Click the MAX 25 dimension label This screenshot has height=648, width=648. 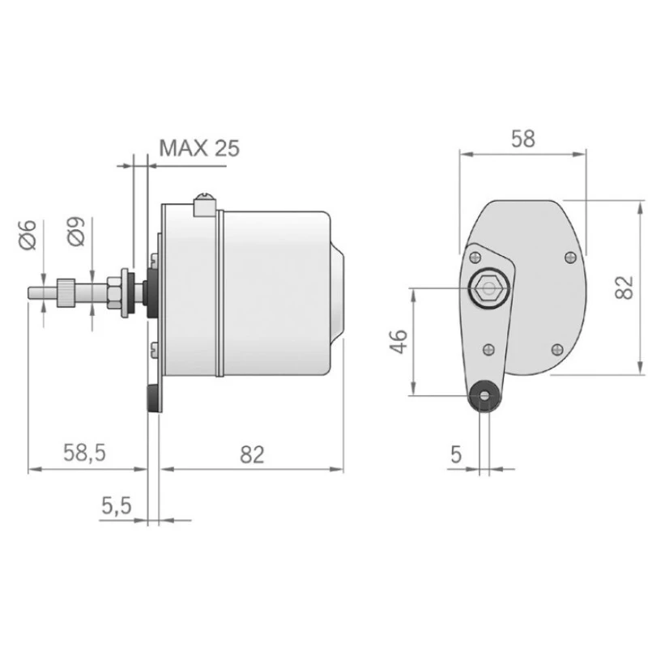click(x=199, y=147)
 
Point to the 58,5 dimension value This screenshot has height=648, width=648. click(x=85, y=454)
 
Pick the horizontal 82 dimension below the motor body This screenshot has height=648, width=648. click(x=252, y=454)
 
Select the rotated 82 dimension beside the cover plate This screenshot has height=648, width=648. click(x=623, y=287)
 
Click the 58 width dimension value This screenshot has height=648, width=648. click(x=523, y=138)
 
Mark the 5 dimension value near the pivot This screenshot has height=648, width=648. click(x=456, y=454)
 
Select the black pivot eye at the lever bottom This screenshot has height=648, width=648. click(x=485, y=396)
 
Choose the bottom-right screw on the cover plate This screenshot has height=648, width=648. click(x=556, y=348)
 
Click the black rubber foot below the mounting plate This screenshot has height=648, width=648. click(x=152, y=399)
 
